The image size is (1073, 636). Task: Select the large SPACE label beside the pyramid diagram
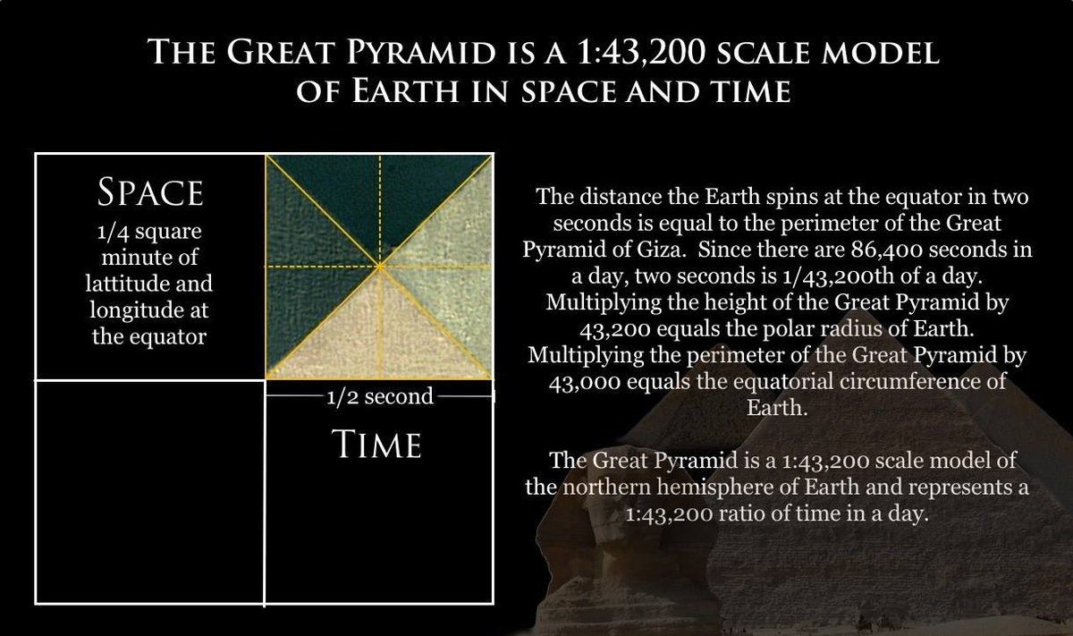(150, 192)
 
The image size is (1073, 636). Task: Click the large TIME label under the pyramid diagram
(377, 445)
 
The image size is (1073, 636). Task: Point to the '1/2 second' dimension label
(380, 397)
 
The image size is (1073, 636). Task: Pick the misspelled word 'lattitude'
(126, 284)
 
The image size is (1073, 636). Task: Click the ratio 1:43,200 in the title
(643, 52)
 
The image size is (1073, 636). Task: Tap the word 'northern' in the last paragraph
(605, 488)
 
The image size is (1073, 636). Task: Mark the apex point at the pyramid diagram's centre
(380, 267)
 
